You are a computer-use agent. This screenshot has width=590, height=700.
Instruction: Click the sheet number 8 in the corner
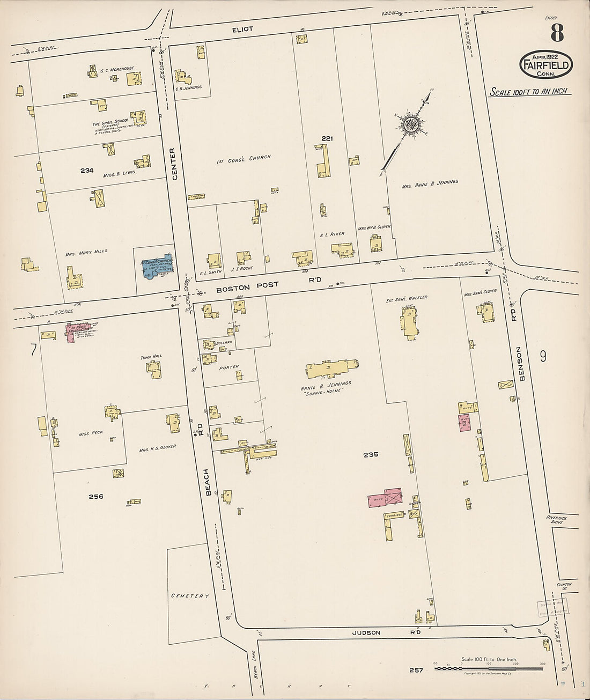(x=556, y=33)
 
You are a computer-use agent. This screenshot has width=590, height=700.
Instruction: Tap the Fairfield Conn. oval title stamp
(x=545, y=65)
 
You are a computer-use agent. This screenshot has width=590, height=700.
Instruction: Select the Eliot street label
(x=242, y=30)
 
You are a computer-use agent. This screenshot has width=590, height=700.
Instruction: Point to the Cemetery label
(x=189, y=596)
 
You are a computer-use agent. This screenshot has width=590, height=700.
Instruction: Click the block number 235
(x=371, y=454)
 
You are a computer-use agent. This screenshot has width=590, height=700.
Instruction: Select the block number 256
(x=95, y=496)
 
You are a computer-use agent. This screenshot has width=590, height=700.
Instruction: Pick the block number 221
(x=327, y=138)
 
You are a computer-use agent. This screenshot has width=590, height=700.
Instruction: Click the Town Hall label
(x=151, y=356)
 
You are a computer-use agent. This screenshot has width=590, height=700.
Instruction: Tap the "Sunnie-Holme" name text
(x=323, y=390)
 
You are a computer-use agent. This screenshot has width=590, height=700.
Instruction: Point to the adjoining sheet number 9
(x=543, y=356)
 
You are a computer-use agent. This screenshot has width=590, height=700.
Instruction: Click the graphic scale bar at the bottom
(x=488, y=668)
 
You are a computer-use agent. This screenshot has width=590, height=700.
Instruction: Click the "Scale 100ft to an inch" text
(x=530, y=92)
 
